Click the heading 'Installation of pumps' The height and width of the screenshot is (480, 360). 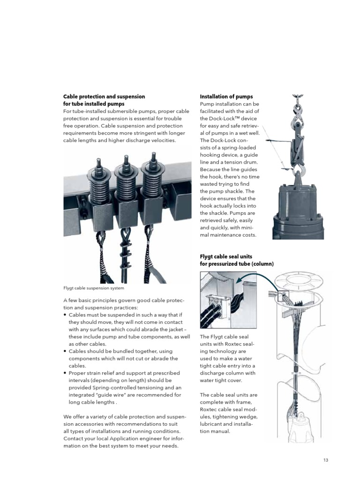226,97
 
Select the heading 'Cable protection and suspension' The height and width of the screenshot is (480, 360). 104,97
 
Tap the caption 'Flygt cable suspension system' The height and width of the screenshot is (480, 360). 94,288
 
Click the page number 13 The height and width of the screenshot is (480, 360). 326,460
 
